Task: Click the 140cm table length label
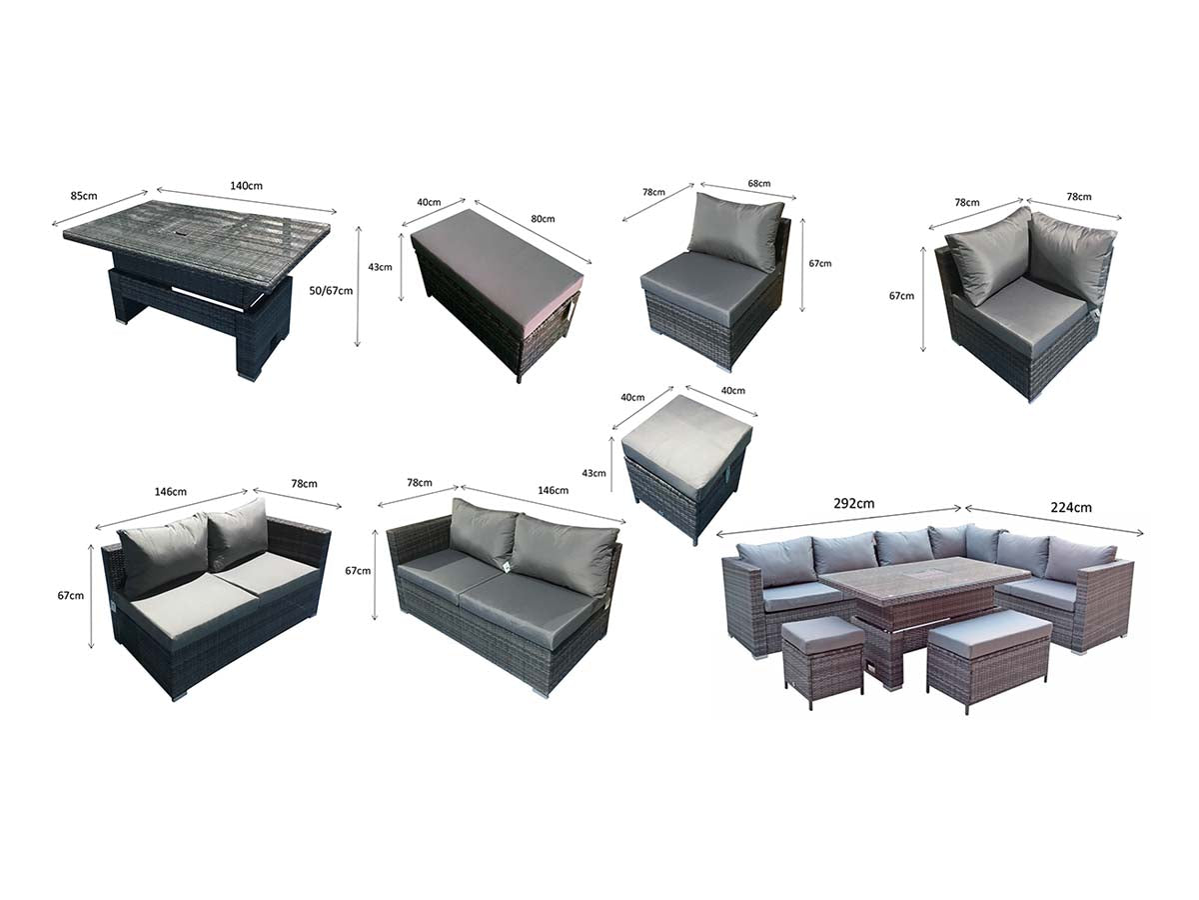tap(246, 186)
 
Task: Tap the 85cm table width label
tap(84, 196)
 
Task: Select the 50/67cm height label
tap(331, 291)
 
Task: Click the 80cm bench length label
tap(543, 219)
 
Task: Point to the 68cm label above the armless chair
tap(758, 184)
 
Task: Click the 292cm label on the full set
tap(853, 503)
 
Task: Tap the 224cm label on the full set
tap(1071, 508)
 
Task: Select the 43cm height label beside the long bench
tap(380, 267)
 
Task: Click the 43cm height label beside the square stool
tap(594, 473)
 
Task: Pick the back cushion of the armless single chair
tap(735, 231)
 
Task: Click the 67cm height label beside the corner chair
tap(901, 296)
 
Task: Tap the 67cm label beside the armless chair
tap(820, 263)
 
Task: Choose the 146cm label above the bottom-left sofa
tap(171, 492)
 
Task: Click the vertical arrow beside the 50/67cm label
tap(358, 286)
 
